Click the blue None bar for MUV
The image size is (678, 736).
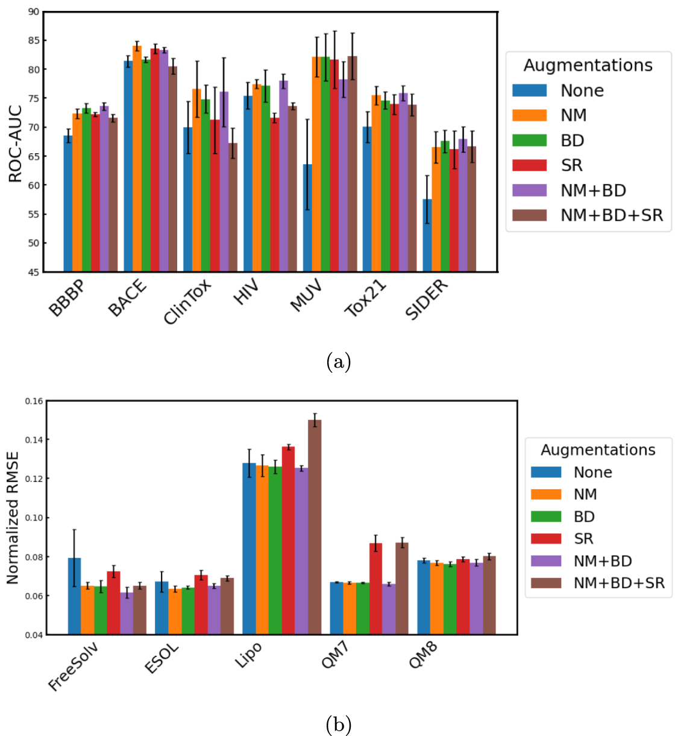pos(307,218)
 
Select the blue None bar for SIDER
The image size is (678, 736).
pos(427,235)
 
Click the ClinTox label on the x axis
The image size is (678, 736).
pos(187,302)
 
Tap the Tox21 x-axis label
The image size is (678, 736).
pos(365,298)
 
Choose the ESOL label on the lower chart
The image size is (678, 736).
pos(162,658)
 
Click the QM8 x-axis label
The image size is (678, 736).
pos(423,655)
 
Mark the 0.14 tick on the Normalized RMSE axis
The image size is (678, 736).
pos(34,440)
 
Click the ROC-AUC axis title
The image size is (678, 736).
pos(15,144)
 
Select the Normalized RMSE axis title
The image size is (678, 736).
pos(13,518)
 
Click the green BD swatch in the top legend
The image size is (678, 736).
pos(529,141)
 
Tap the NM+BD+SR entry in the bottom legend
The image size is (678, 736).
pos(619,583)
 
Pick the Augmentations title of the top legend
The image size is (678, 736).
pos(588,65)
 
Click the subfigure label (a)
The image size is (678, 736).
pos(338,362)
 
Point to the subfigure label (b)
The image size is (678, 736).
pos(338,724)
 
